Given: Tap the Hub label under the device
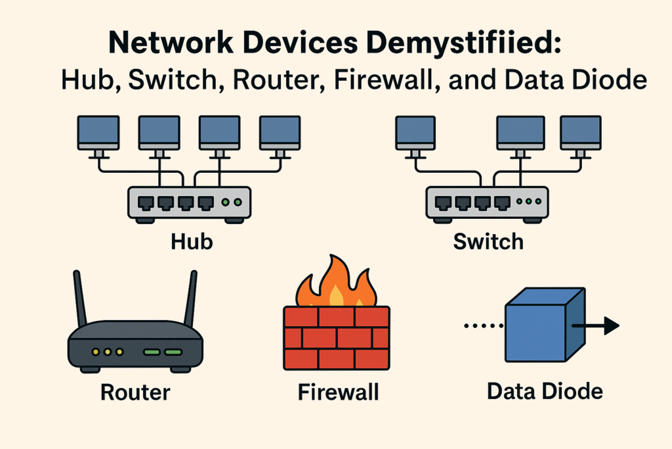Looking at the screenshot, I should click(x=192, y=241).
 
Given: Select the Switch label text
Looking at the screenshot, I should click(x=489, y=241).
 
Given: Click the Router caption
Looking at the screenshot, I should click(x=135, y=392).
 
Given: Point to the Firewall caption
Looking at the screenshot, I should click(x=338, y=392).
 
